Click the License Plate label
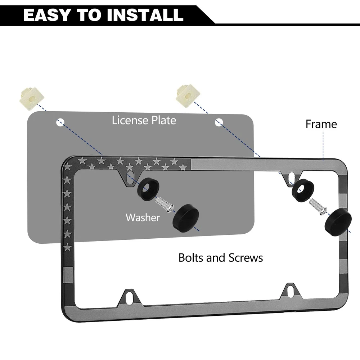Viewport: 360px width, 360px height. pyautogui.click(x=144, y=120)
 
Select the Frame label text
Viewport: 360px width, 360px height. pyautogui.click(x=321, y=124)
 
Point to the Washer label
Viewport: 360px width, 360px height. pyautogui.click(x=143, y=217)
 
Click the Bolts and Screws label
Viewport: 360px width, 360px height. pyautogui.click(x=221, y=258)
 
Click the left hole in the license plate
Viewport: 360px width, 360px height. pyautogui.click(x=60, y=122)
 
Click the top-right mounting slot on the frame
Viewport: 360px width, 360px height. pyautogui.click(x=291, y=177)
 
